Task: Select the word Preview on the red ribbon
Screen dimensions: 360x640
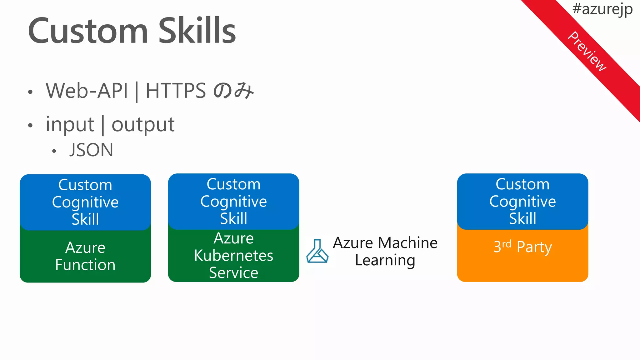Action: coord(587,52)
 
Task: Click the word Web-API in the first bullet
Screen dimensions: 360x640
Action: coord(87,91)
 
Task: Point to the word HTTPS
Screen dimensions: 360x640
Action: coord(176,91)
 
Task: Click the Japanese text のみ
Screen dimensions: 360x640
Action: coord(233,91)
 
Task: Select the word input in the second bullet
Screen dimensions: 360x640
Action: coord(70,125)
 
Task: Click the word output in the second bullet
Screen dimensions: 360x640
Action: coord(143,125)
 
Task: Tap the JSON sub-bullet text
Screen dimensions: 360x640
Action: coord(91,150)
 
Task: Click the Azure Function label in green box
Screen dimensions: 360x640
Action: coord(85,256)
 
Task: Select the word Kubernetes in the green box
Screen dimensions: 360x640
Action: coord(233,256)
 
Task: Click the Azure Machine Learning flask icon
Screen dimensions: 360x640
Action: coord(317,251)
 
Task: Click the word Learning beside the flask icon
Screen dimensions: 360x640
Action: coord(385,260)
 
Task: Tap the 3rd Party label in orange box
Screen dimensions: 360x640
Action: coord(522,247)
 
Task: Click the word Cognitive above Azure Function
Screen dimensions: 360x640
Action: coord(85,202)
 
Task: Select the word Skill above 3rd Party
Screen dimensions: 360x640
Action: coord(522,218)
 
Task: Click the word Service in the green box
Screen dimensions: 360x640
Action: coord(233,273)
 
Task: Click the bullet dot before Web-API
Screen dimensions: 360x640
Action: coord(30,92)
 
